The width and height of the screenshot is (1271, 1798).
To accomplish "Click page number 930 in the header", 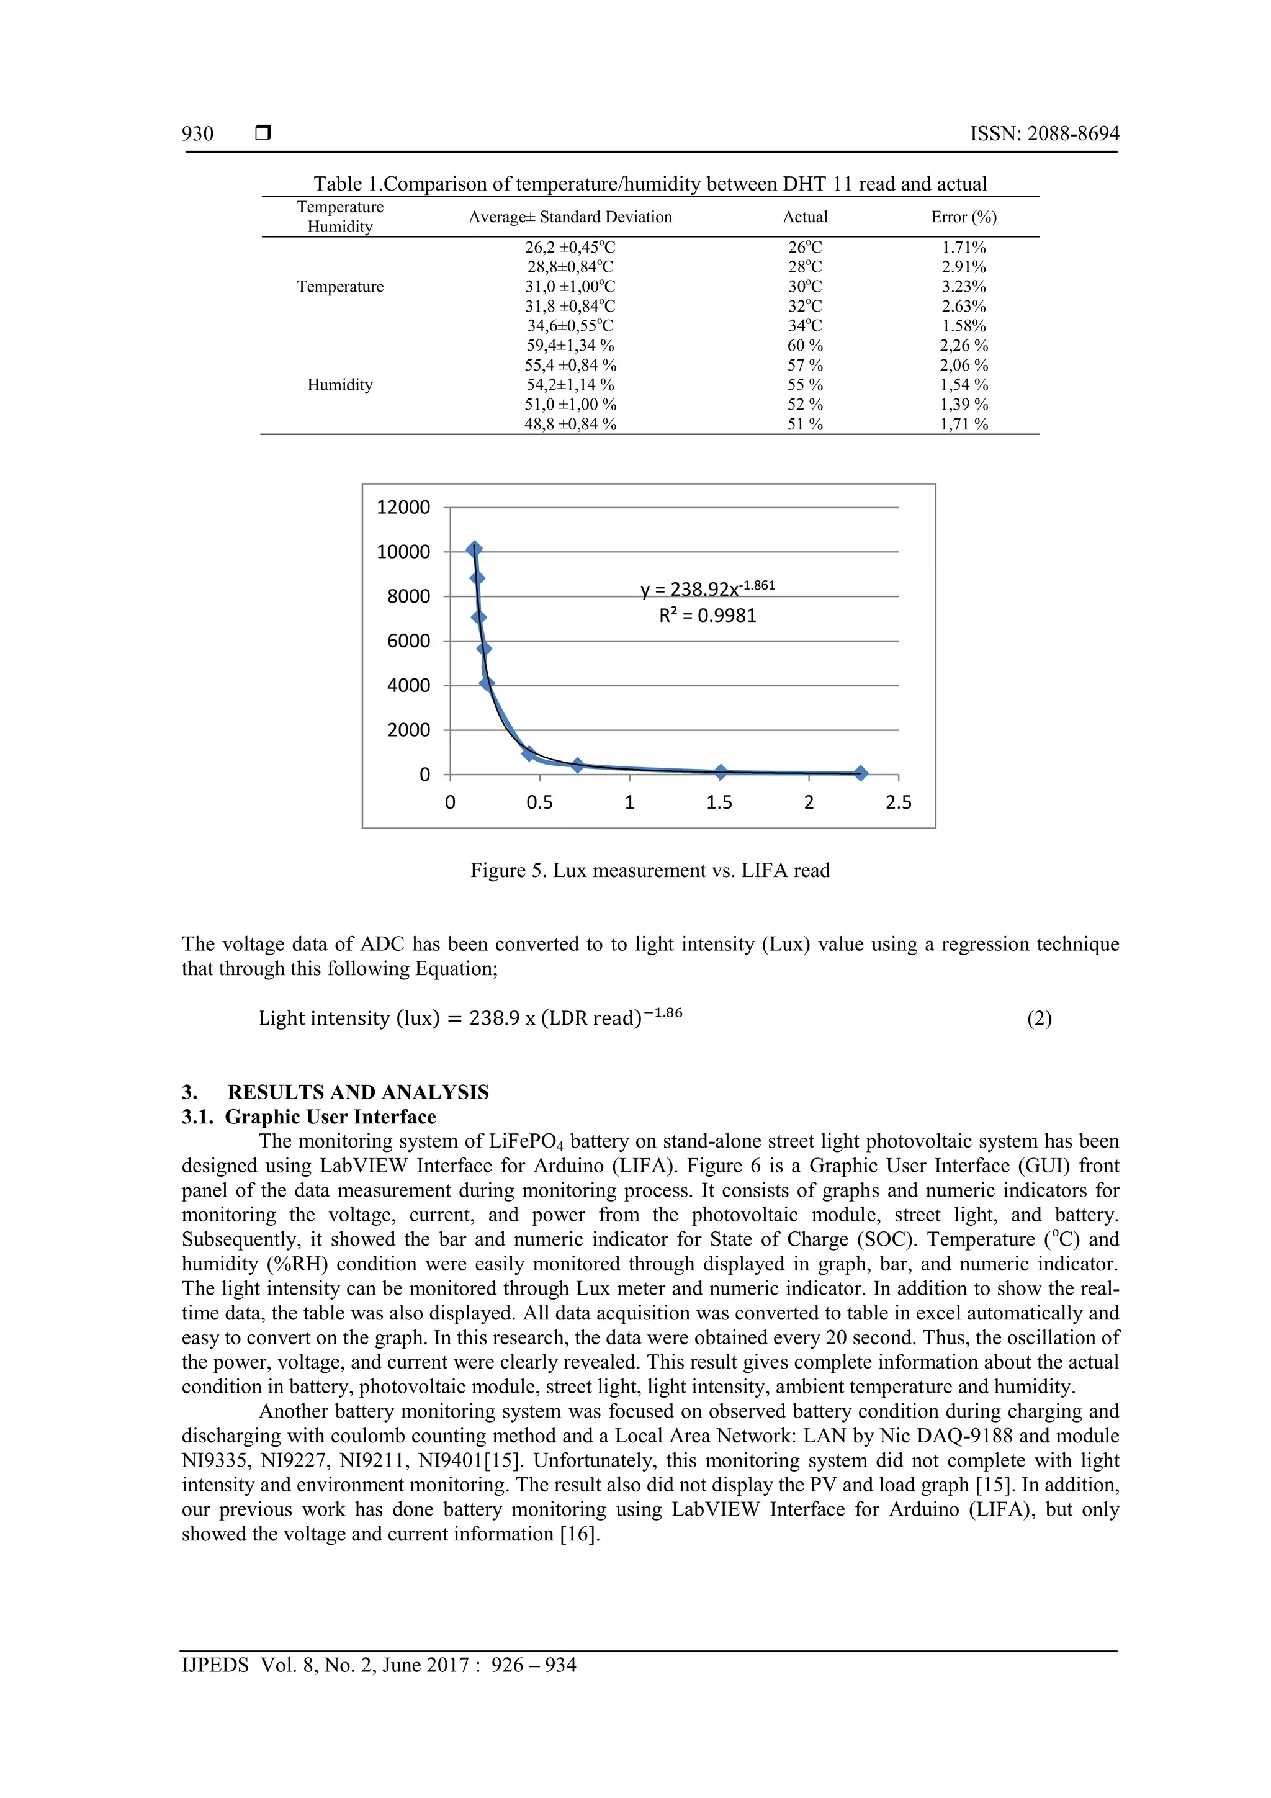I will (197, 134).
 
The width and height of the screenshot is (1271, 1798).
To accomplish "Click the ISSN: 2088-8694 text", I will (1044, 134).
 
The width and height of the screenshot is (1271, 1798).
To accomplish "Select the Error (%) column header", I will (963, 217).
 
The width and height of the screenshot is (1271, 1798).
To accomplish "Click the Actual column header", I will (804, 217).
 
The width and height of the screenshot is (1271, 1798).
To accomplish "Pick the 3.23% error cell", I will (963, 287).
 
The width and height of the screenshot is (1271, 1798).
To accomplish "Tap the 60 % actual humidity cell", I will (804, 345).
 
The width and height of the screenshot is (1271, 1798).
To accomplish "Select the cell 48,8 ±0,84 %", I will (570, 425).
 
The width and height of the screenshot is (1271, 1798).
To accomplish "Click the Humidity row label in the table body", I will (340, 385).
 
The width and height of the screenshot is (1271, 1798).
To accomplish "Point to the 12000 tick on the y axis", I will (403, 508).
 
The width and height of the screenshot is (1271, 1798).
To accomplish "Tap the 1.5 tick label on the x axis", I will (718, 802).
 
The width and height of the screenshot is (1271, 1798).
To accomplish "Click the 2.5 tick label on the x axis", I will (897, 802).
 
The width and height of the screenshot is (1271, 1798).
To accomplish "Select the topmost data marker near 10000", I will (473, 550).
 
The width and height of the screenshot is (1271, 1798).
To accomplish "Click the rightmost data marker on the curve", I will (860, 773).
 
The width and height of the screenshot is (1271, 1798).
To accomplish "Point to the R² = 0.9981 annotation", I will (707, 616).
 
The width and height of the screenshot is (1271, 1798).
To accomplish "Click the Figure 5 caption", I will (649, 871).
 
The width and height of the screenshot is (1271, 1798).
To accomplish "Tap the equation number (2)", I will (1038, 1019).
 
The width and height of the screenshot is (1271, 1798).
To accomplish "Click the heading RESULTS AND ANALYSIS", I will (358, 1092).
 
